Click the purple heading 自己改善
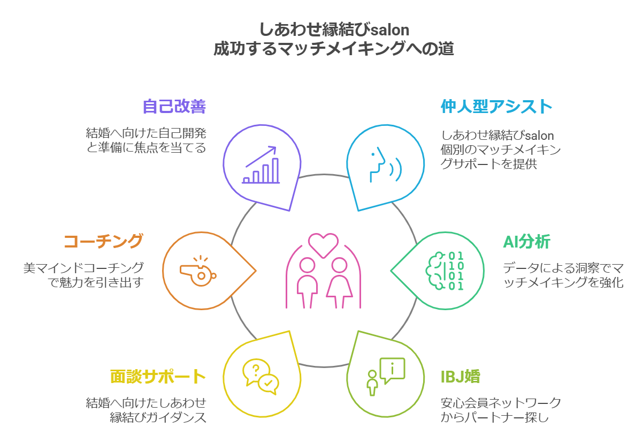coord(174,107)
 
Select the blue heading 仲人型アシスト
coord(496,107)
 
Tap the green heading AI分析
coord(526,242)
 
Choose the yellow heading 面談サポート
coord(158,377)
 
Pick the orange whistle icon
coord(198,271)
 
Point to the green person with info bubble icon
coord(386,373)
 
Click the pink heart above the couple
coord(323,244)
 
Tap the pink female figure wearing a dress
coord(339,282)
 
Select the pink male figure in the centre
coord(307,282)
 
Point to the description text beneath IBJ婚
coord(501,410)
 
